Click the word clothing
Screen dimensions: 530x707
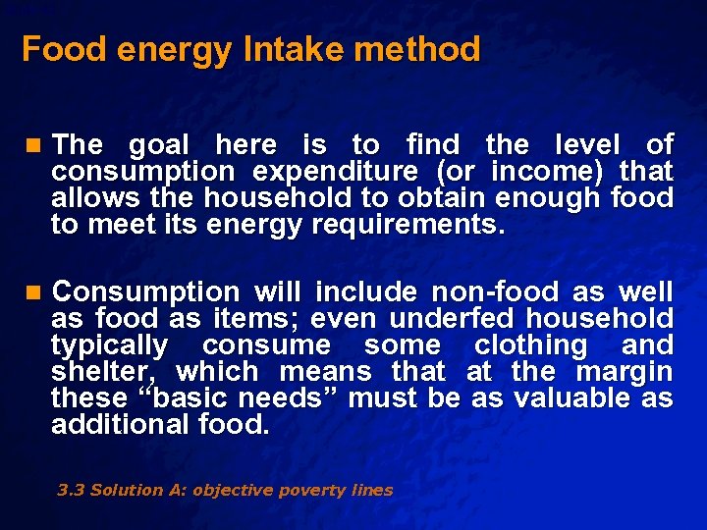click(529, 345)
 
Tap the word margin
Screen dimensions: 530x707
click(624, 372)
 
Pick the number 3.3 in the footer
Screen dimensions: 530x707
click(70, 490)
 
